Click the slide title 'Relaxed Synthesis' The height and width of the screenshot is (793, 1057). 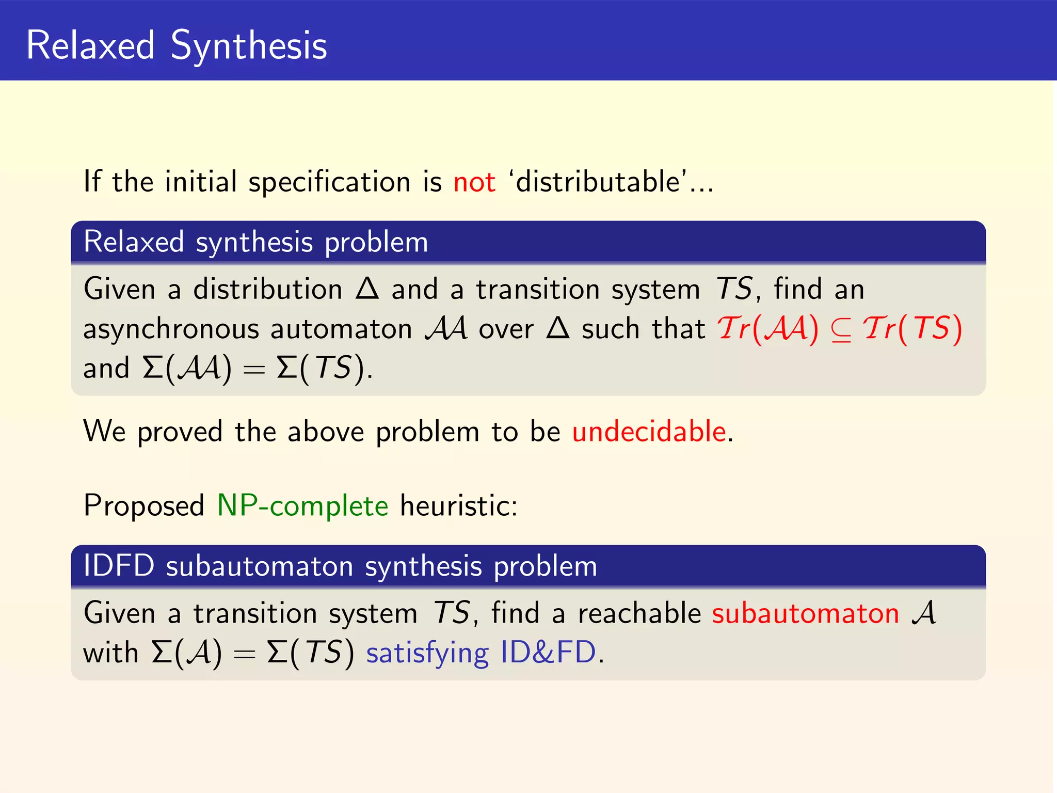(x=176, y=45)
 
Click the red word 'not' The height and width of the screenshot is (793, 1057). (x=474, y=182)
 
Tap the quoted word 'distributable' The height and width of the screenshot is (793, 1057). (x=598, y=182)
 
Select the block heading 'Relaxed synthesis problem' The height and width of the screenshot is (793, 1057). (x=256, y=242)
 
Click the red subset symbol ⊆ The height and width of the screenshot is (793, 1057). (x=841, y=330)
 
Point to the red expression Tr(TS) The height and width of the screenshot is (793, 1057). (x=912, y=329)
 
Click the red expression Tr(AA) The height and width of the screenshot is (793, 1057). (x=767, y=329)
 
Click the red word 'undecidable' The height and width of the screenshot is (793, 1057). (x=649, y=431)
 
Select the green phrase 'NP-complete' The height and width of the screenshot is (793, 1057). (x=302, y=505)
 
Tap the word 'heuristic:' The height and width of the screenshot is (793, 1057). (x=459, y=505)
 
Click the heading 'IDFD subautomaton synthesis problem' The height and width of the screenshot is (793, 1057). (x=340, y=566)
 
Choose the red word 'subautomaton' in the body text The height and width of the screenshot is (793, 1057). (x=806, y=613)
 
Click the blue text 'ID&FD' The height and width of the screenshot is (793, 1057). (x=548, y=653)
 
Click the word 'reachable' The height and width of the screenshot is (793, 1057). (x=639, y=613)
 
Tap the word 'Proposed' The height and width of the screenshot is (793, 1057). (x=144, y=505)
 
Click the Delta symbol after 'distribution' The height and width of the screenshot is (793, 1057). (x=367, y=288)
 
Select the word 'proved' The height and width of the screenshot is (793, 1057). (x=180, y=432)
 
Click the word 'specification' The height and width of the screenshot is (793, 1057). (x=329, y=182)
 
